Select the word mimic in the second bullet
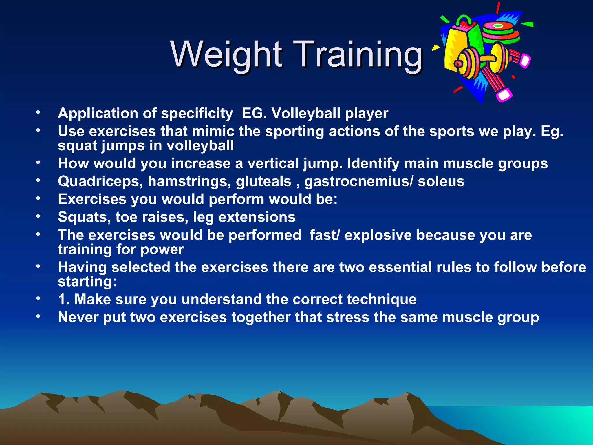point(213,131)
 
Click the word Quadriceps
point(100,182)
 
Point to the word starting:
point(87,282)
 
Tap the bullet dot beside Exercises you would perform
point(38,199)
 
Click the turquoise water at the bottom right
point(536,423)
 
